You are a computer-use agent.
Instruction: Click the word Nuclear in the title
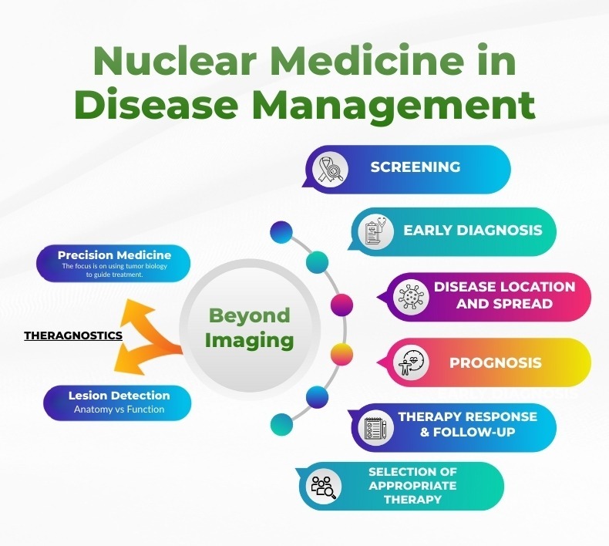pyautogui.click(x=175, y=61)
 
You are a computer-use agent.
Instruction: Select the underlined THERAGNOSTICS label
pyautogui.click(x=73, y=335)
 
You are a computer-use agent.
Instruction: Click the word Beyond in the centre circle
pyautogui.click(x=249, y=315)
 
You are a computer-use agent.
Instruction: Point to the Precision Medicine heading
pyautogui.click(x=114, y=255)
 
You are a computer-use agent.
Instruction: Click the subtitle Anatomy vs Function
pyautogui.click(x=119, y=410)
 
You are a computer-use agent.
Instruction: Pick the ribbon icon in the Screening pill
pyautogui.click(x=331, y=170)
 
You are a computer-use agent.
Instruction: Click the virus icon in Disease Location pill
pyautogui.click(x=411, y=296)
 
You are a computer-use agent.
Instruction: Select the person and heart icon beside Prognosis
pyautogui.click(x=411, y=362)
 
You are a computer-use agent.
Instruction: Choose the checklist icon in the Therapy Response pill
pyautogui.click(x=375, y=428)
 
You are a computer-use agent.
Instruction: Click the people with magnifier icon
pyautogui.click(x=324, y=486)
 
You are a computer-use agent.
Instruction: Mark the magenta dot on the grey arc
pyautogui.click(x=342, y=305)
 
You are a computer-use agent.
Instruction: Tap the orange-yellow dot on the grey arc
pyautogui.click(x=342, y=355)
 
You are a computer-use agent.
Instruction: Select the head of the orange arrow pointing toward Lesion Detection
pyautogui.click(x=130, y=360)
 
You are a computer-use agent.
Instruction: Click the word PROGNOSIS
pyautogui.click(x=496, y=363)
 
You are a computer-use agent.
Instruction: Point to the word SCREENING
pyautogui.click(x=416, y=167)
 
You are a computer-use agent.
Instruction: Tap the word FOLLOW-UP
pyautogui.click(x=474, y=432)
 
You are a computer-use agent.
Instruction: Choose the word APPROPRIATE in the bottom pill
pyautogui.click(x=412, y=486)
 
